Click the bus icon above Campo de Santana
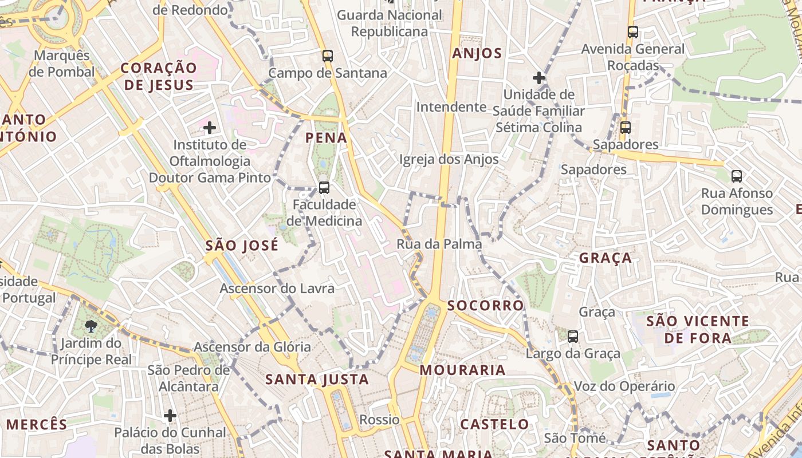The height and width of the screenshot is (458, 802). click(x=328, y=56)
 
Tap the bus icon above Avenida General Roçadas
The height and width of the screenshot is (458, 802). click(x=633, y=32)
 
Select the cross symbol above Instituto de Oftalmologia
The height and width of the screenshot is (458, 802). click(x=210, y=127)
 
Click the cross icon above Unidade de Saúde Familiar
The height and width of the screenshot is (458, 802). click(x=538, y=77)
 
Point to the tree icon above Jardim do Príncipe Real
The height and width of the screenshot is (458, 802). click(x=91, y=326)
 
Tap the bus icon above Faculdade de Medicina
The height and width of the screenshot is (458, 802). click(x=324, y=187)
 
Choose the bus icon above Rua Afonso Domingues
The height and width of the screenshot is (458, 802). click(x=737, y=176)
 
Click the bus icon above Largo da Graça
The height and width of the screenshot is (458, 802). click(x=573, y=337)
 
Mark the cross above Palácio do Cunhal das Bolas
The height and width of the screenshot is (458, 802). click(x=170, y=415)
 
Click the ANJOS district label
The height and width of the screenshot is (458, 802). click(x=477, y=54)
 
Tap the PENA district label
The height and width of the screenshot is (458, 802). click(x=327, y=137)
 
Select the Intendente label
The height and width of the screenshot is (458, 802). click(x=451, y=107)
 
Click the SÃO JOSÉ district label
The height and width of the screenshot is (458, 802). click(x=242, y=246)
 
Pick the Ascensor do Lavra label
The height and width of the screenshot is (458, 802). click(x=277, y=288)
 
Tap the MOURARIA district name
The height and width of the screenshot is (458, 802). click(x=463, y=370)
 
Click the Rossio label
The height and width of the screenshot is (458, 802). click(x=379, y=420)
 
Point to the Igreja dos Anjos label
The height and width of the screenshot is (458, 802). click(x=449, y=159)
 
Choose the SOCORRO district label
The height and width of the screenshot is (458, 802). click(x=486, y=305)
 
